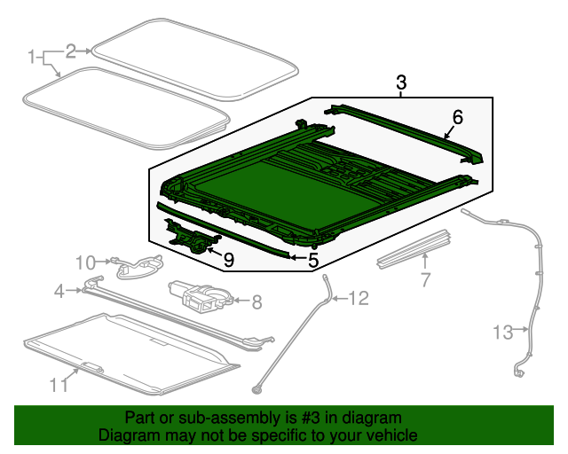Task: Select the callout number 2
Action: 71,51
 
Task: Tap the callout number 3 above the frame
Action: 401,83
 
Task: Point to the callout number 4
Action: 59,290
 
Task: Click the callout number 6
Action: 458,117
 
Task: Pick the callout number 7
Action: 425,280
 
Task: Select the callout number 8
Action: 257,302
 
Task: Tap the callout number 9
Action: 228,259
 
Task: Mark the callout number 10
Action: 84,262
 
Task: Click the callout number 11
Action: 59,384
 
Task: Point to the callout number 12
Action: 357,299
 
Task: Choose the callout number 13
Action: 503,333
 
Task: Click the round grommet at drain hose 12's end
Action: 258,387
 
